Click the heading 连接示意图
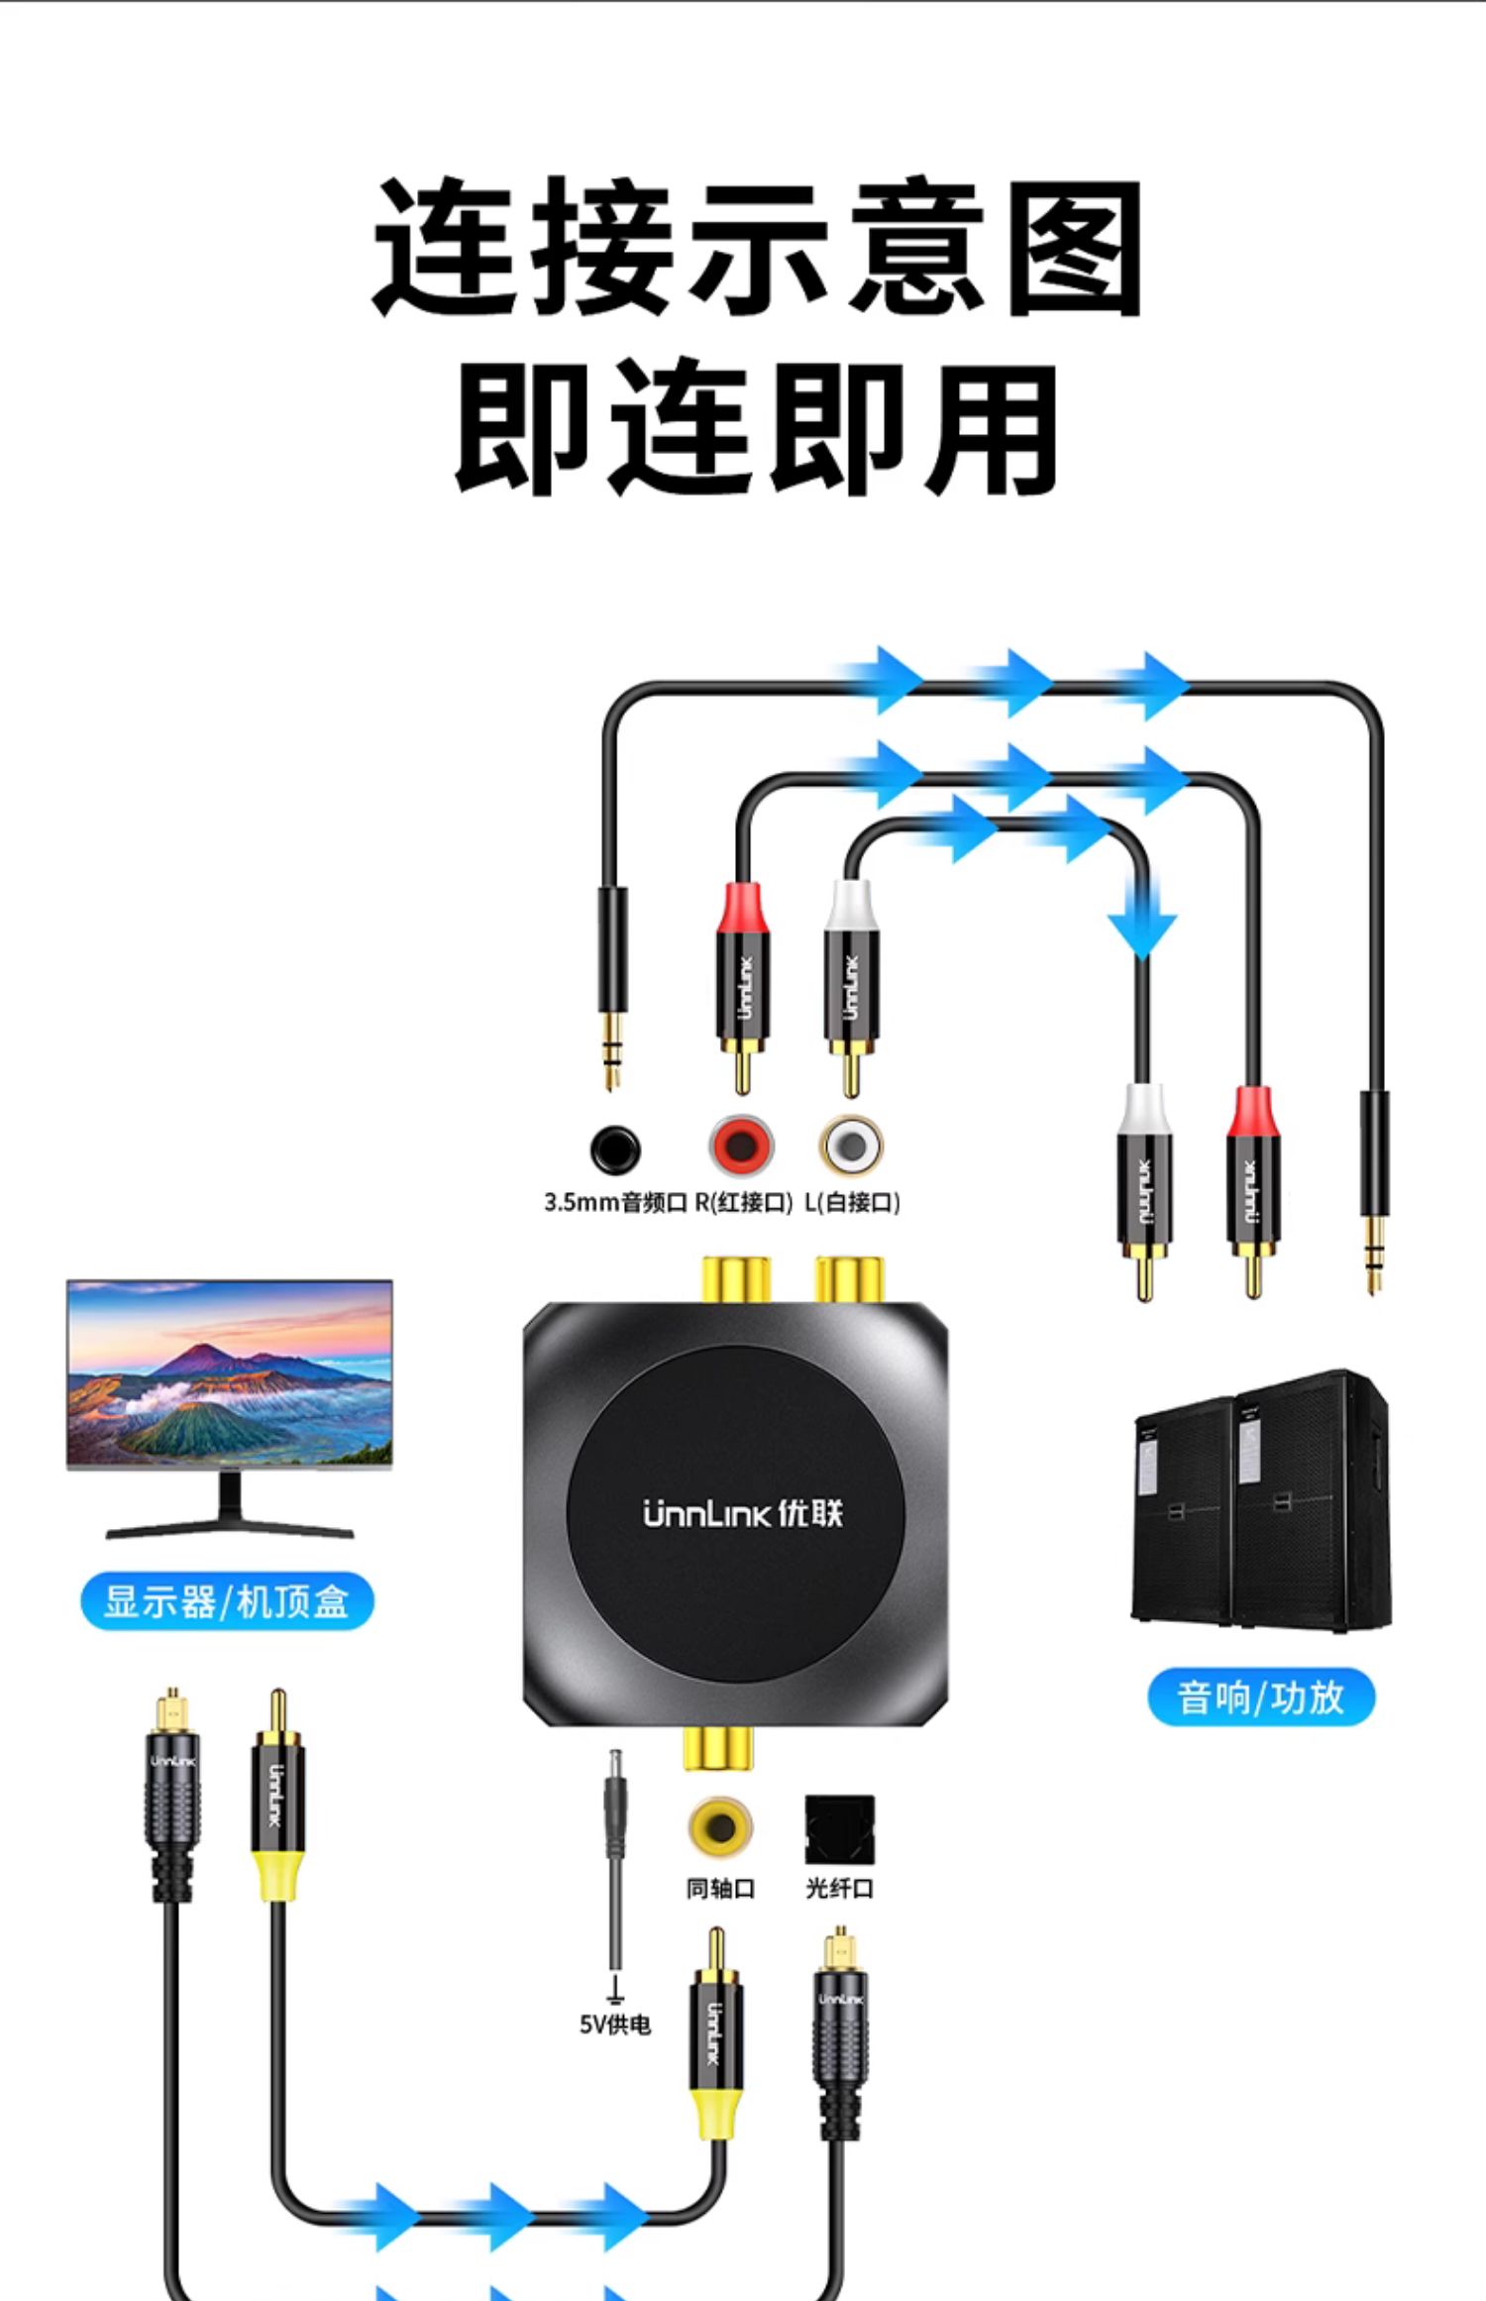(x=759, y=247)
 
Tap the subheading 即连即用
(x=757, y=428)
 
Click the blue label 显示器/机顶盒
(x=227, y=1601)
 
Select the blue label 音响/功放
(x=1260, y=1697)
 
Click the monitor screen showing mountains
(x=230, y=1373)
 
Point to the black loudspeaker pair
(x=1261, y=1500)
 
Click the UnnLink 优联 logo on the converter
(x=742, y=1514)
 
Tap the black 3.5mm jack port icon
(x=615, y=1150)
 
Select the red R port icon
(x=740, y=1147)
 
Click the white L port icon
(x=851, y=1147)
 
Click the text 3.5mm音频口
(x=615, y=1203)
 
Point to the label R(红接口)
(x=744, y=1203)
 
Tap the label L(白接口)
(x=852, y=1203)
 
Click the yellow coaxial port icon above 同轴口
(x=720, y=1826)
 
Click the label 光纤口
(x=839, y=1889)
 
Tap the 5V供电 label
(x=615, y=2025)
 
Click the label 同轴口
(x=720, y=1889)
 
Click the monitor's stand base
(x=230, y=1530)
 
